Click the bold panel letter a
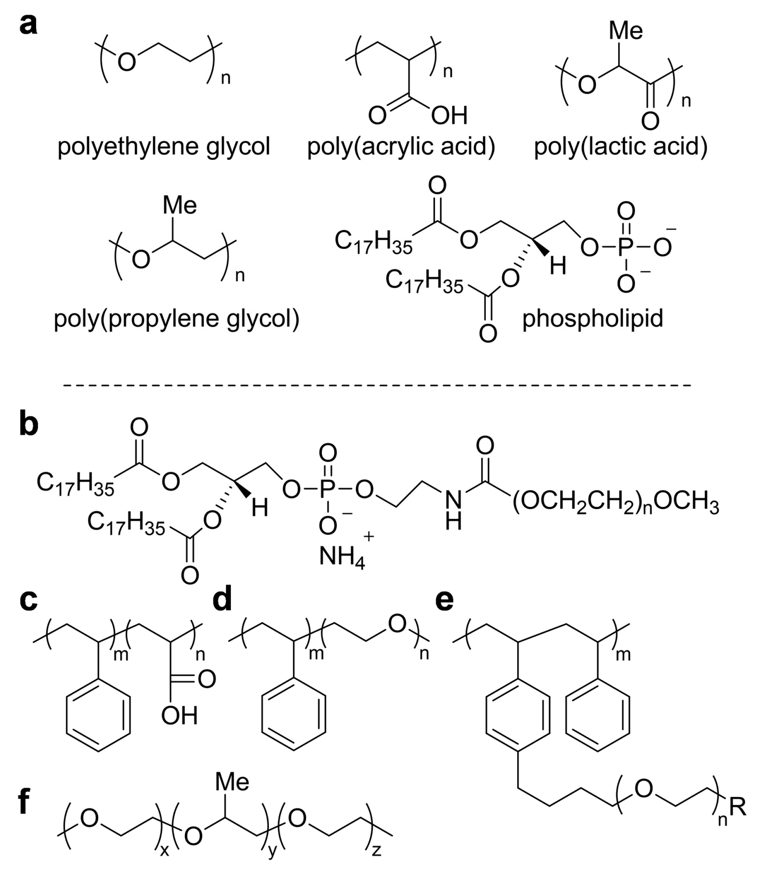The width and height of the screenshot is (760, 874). click(28, 24)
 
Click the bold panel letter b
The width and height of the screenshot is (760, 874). click(29, 424)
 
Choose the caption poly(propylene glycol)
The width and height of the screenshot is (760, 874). click(176, 320)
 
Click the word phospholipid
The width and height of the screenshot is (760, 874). click(592, 319)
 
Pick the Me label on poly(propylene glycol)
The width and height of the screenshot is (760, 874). click(180, 205)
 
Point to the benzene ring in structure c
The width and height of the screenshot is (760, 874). click(98, 715)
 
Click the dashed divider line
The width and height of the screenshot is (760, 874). click(378, 385)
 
